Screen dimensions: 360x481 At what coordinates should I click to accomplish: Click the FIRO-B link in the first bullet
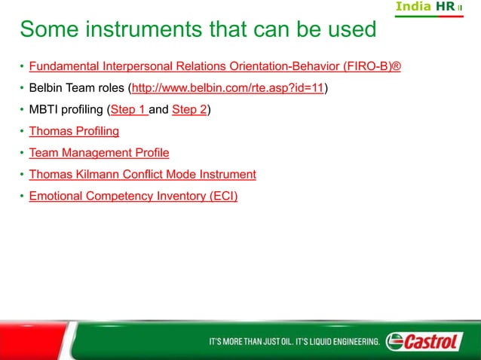215,67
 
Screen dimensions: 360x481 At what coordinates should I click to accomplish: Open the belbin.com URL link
228,88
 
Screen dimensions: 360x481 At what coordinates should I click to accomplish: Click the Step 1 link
128,110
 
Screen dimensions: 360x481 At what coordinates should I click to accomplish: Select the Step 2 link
189,110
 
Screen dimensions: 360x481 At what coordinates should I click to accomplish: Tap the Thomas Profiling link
74,132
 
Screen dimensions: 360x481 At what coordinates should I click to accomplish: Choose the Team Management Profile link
99,153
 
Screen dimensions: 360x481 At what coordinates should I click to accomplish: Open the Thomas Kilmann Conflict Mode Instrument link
142,175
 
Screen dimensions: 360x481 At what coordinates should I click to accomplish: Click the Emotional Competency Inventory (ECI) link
133,197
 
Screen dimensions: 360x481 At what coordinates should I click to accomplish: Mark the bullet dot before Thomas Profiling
22,132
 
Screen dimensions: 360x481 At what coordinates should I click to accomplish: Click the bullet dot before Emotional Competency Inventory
22,197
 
